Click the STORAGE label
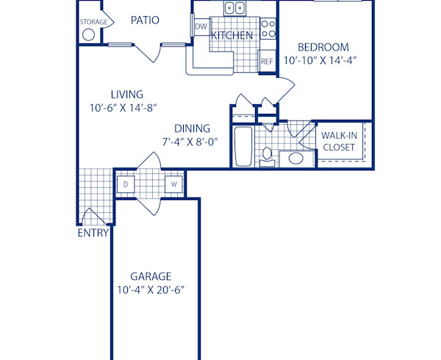[x=93, y=22]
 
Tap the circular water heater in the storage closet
[x=89, y=35]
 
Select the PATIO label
[x=145, y=20]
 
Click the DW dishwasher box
[x=200, y=27]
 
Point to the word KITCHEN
[x=232, y=35]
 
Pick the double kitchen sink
[x=235, y=9]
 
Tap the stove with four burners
[x=268, y=29]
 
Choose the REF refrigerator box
[x=267, y=62]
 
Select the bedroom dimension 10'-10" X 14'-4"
[x=320, y=61]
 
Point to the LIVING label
[x=127, y=95]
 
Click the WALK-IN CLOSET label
[x=339, y=141]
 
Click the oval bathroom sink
[x=296, y=158]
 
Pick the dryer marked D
[x=126, y=184]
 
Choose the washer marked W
[x=174, y=184]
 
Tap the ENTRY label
[x=93, y=234]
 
